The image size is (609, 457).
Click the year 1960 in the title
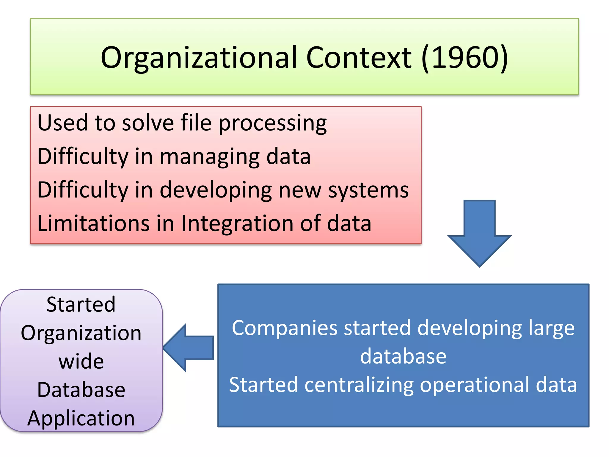pyautogui.click(x=465, y=57)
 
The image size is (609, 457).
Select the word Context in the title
pyautogui.click(x=359, y=57)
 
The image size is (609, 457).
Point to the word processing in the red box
pyautogui.click(x=272, y=124)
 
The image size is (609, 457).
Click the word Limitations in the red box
pyautogui.click(x=93, y=223)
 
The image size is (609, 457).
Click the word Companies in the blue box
pyautogui.click(x=285, y=328)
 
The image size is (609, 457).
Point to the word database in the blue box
pyautogui.click(x=403, y=356)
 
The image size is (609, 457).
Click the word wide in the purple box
pyautogui.click(x=81, y=361)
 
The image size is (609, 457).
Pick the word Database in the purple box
pyautogui.click(x=81, y=390)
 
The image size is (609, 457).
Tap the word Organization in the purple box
pyautogui.click(x=81, y=334)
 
